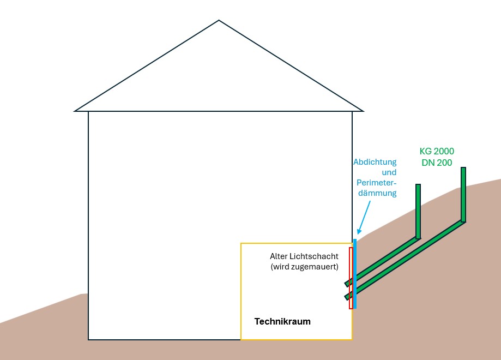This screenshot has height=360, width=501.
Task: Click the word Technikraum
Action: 282,321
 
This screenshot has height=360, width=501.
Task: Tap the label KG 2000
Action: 437,151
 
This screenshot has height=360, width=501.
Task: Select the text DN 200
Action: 437,163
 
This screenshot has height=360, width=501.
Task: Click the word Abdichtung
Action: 375,162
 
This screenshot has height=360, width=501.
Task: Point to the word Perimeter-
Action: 376,183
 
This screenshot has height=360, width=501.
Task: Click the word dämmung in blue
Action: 377,193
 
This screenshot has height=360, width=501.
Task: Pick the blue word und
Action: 389,172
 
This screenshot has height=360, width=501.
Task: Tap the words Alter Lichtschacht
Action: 304,256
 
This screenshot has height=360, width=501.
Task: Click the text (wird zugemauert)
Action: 305,266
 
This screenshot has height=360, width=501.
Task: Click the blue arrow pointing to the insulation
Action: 364,218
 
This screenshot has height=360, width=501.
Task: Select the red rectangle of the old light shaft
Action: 351,278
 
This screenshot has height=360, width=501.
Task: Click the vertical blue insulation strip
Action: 355,274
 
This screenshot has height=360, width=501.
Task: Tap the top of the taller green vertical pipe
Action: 463,167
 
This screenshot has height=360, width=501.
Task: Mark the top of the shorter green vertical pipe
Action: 418,184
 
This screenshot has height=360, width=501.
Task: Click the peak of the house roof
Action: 219,21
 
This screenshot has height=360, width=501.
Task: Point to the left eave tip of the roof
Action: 75,111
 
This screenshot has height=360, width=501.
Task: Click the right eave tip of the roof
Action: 363,111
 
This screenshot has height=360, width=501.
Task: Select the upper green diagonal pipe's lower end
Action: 347,284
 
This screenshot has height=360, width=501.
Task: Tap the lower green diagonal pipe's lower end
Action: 347,297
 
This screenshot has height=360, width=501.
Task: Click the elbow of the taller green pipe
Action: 463,220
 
